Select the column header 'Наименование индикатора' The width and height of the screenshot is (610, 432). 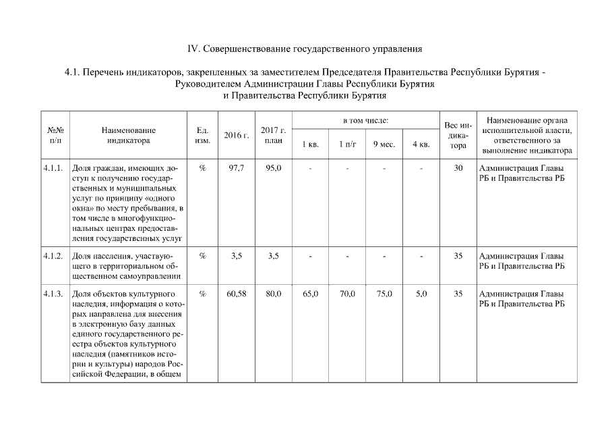click(x=128, y=135)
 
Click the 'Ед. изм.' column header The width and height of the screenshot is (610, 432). click(x=202, y=135)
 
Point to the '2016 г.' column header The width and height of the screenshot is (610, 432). click(x=236, y=135)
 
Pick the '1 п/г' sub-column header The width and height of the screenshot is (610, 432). click(x=347, y=144)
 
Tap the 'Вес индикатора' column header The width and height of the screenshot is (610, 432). click(x=458, y=135)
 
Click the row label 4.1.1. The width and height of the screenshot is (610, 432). click(x=53, y=167)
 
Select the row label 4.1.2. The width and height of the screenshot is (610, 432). click(x=53, y=256)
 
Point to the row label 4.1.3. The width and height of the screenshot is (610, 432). click(x=53, y=294)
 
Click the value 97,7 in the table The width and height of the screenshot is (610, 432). click(x=236, y=167)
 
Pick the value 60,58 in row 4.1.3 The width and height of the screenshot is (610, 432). click(x=236, y=294)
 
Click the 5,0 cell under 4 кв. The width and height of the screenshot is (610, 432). click(x=421, y=294)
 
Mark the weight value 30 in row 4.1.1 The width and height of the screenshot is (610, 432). click(x=458, y=167)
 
